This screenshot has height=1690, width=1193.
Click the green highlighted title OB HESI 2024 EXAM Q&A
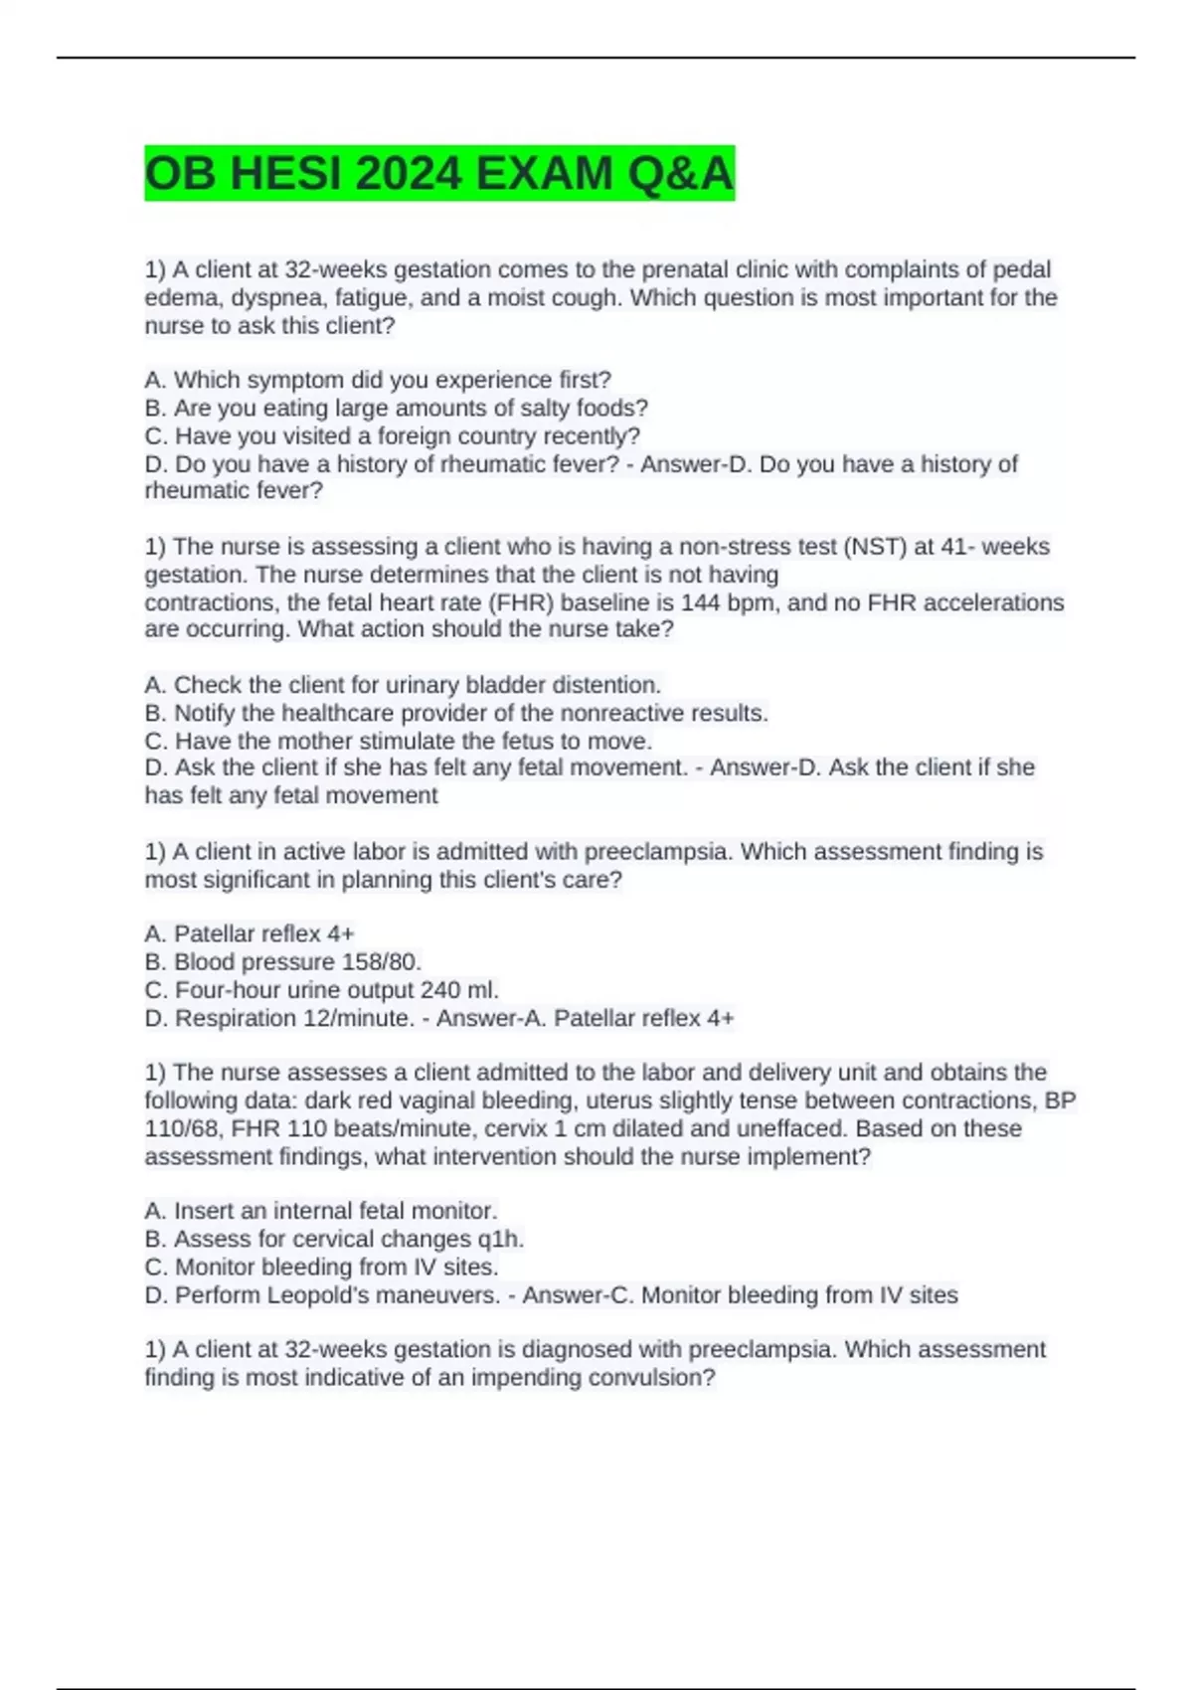[438, 174]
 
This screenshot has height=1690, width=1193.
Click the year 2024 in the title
[408, 174]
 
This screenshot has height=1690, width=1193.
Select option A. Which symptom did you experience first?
[378, 380]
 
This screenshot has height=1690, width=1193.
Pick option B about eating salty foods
[396, 408]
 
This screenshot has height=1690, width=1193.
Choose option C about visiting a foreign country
[392, 435]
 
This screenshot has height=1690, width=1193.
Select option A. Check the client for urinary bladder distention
[403, 685]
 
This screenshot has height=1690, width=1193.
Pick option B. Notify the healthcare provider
[455, 713]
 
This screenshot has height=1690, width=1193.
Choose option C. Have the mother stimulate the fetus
[398, 741]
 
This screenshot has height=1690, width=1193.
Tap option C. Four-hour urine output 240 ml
[321, 989]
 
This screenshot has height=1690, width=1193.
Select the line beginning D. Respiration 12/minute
[278, 1018]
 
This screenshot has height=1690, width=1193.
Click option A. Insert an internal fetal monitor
[320, 1211]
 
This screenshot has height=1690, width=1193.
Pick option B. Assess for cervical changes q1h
[334, 1239]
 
